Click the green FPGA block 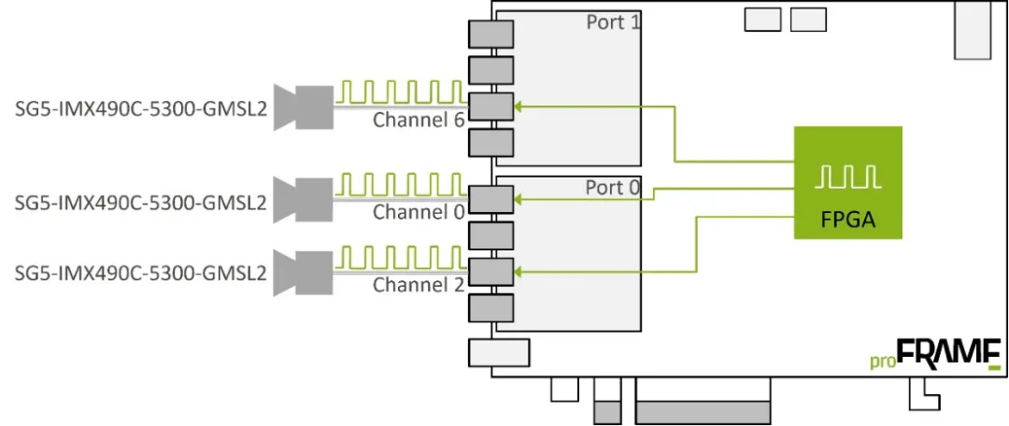tap(847, 182)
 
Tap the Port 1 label tap(613, 21)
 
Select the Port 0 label tap(613, 188)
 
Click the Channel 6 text tap(418, 120)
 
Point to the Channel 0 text tap(418, 212)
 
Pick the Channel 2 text tap(418, 285)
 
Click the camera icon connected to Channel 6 tap(304, 107)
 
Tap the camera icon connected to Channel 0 tap(304, 199)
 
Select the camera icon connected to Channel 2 tap(304, 273)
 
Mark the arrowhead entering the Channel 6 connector tap(519, 107)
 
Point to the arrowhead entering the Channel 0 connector tap(519, 198)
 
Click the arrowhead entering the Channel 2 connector tap(519, 272)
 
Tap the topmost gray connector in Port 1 tap(490, 35)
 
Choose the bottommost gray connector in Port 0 tap(490, 308)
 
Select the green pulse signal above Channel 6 tap(400, 91)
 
